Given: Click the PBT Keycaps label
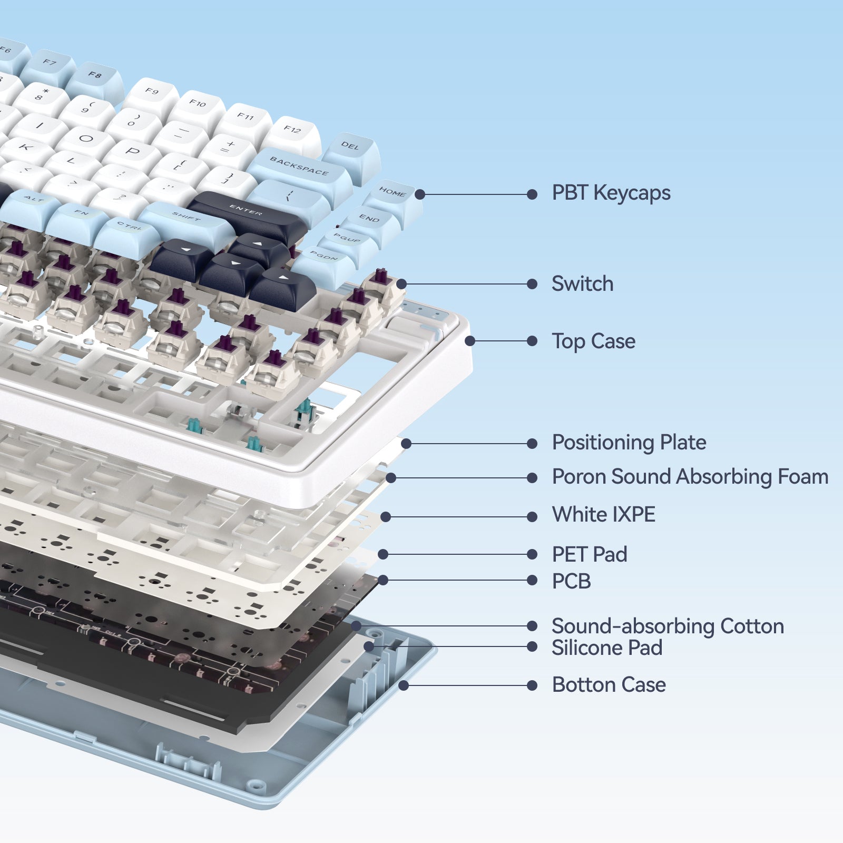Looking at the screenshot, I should [611, 193].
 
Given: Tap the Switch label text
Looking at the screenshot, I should [582, 284].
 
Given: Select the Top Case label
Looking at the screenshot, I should [593, 341].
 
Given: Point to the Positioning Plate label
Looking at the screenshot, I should [629, 443].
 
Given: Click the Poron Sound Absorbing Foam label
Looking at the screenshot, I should [690, 477].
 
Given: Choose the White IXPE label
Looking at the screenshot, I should [603, 515].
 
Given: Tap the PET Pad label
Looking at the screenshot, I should [589, 554].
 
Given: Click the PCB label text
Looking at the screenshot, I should [571, 581].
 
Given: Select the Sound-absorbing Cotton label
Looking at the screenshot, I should [668, 626].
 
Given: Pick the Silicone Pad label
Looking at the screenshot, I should [607, 648].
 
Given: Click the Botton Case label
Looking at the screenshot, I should [609, 685].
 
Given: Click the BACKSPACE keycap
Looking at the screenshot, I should [299, 168].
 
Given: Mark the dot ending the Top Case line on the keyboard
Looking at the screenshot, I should [470, 341].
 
